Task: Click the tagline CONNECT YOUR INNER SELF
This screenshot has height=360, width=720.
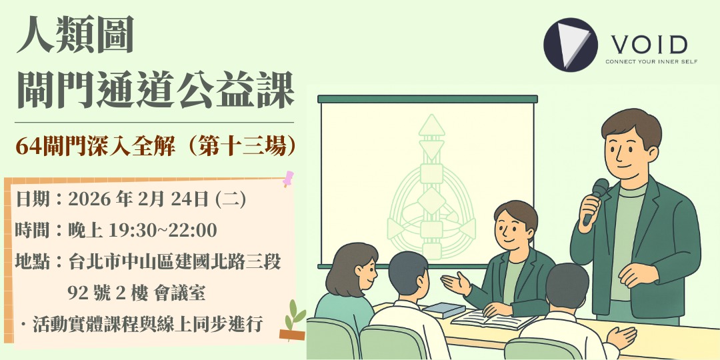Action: click(646, 61)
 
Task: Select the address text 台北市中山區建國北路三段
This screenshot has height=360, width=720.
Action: click(174, 261)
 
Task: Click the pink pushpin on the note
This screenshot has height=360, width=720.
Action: click(289, 179)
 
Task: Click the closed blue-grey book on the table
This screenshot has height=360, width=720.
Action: click(443, 309)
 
